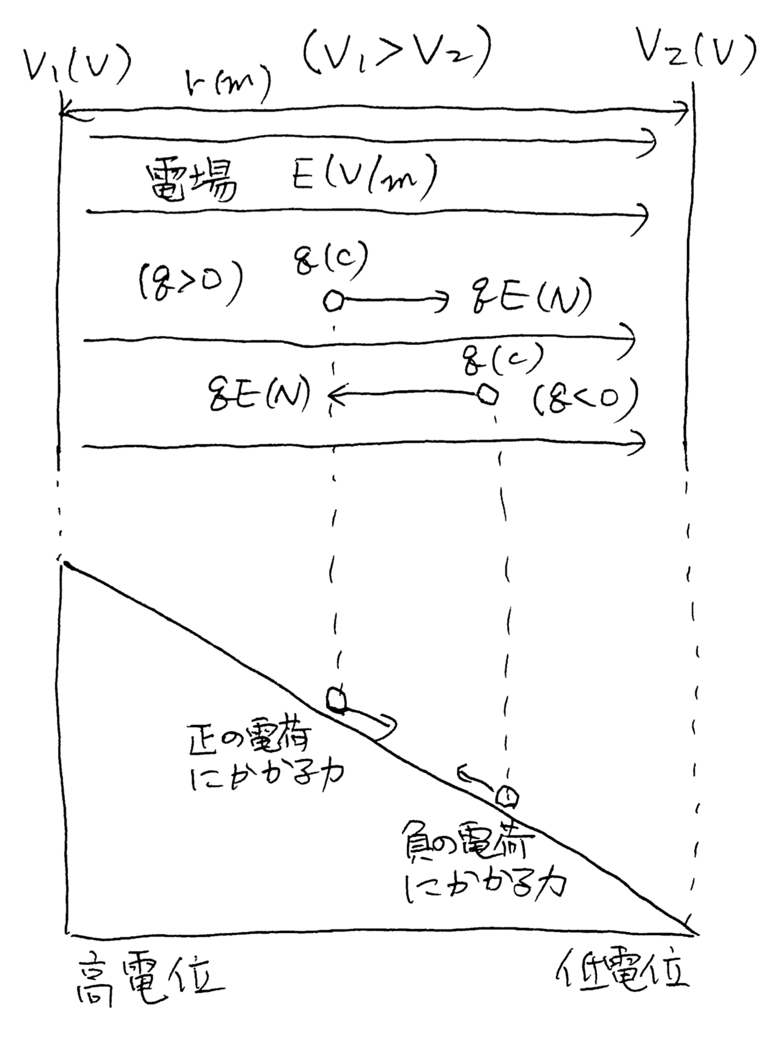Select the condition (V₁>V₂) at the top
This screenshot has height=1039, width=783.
tap(397, 52)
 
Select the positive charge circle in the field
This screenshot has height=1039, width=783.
tap(333, 301)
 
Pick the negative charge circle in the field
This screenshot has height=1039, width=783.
tap(487, 394)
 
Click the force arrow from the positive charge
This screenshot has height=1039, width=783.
tap(395, 300)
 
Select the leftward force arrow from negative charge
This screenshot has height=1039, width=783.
tap(404, 396)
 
